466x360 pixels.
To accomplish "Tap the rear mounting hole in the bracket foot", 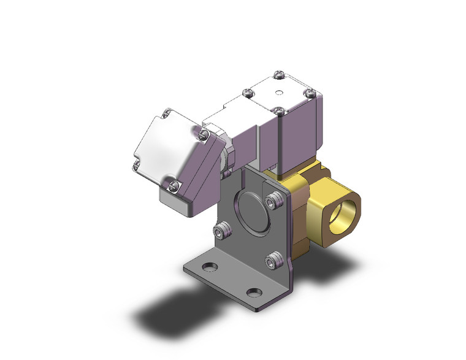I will tap(210, 267).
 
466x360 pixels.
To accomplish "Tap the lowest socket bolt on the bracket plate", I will tap(272, 261).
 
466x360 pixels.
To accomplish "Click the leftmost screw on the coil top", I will tap(248, 93).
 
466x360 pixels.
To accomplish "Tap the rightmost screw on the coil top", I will tap(309, 93).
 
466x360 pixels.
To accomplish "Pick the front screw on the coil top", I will tap(279, 112).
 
